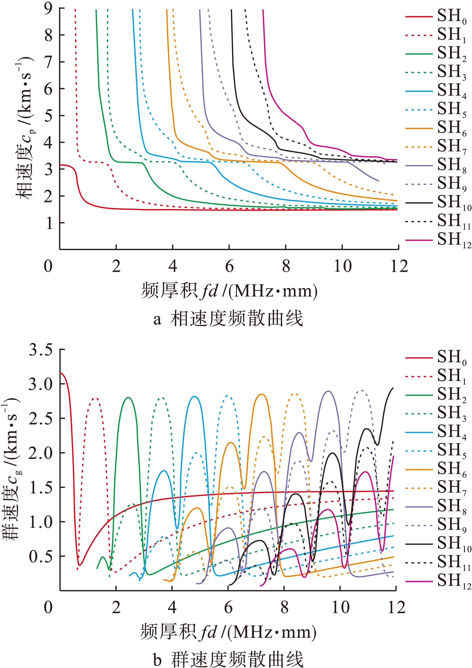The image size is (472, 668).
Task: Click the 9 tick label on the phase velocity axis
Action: point(48,9)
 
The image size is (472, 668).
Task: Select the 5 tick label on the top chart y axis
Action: point(48,116)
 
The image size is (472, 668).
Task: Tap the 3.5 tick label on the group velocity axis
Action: point(41,349)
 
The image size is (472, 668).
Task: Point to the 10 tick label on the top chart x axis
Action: point(342,266)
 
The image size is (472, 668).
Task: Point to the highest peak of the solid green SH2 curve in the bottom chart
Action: point(128,397)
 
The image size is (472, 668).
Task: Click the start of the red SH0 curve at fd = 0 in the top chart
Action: point(60,165)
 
